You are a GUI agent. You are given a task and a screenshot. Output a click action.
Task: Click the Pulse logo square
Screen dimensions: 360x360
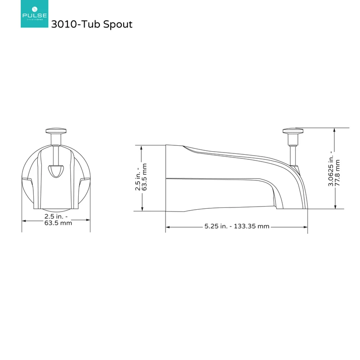coord(35,14)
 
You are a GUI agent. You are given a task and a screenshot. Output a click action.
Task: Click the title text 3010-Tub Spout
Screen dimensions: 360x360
coord(92,24)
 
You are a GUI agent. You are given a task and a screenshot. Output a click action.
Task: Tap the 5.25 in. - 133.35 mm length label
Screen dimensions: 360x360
coord(237,226)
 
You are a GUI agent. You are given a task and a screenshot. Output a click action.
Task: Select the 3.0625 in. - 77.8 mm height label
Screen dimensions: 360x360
coord(334,168)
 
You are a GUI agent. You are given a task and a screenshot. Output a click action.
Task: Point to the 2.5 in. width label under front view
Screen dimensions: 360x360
coord(58,220)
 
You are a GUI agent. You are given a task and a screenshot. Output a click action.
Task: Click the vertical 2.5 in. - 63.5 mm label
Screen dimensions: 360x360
coord(141,177)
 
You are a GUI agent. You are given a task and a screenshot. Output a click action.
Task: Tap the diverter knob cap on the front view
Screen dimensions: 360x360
coord(56,130)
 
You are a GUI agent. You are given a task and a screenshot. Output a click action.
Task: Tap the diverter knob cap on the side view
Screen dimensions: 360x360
coord(293,130)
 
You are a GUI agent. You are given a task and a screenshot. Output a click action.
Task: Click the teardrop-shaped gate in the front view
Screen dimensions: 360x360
coord(56,171)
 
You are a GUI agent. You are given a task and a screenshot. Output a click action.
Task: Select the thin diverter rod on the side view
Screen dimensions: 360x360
coord(293,155)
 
